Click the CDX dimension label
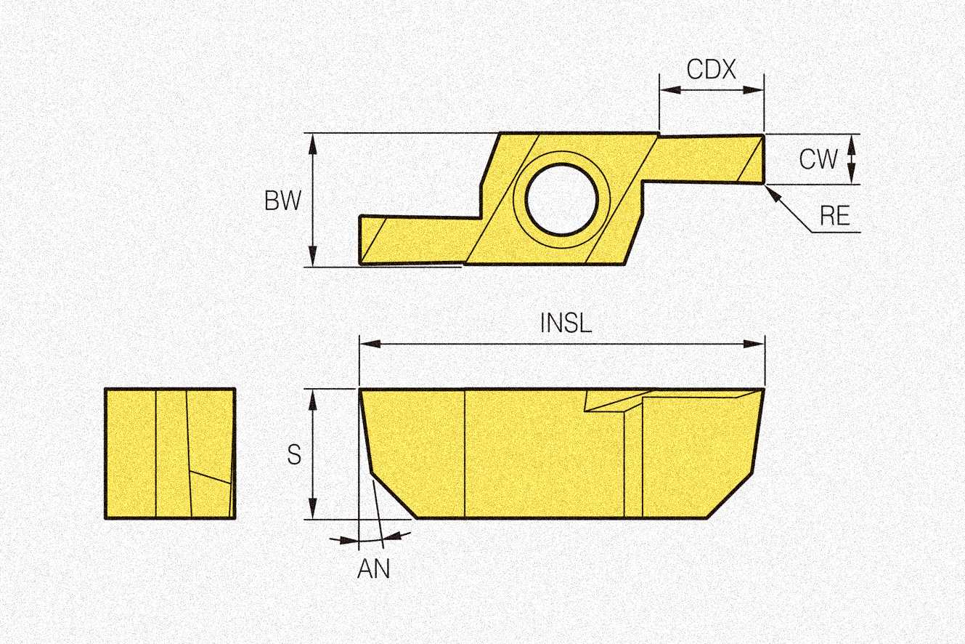[x=712, y=69]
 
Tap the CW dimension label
[x=818, y=159]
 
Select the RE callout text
[x=835, y=216]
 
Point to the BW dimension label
[x=282, y=201]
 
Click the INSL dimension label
[x=566, y=323]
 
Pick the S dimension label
[x=294, y=454]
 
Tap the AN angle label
[x=373, y=568]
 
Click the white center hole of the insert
[x=562, y=200]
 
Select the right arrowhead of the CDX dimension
[x=753, y=89]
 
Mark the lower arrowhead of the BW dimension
[x=313, y=257]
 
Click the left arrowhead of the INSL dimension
[x=370, y=344]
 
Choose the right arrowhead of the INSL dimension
[x=754, y=344]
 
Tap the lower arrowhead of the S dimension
[x=313, y=509]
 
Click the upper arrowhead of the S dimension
[x=313, y=400]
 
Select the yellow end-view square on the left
[x=170, y=454]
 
